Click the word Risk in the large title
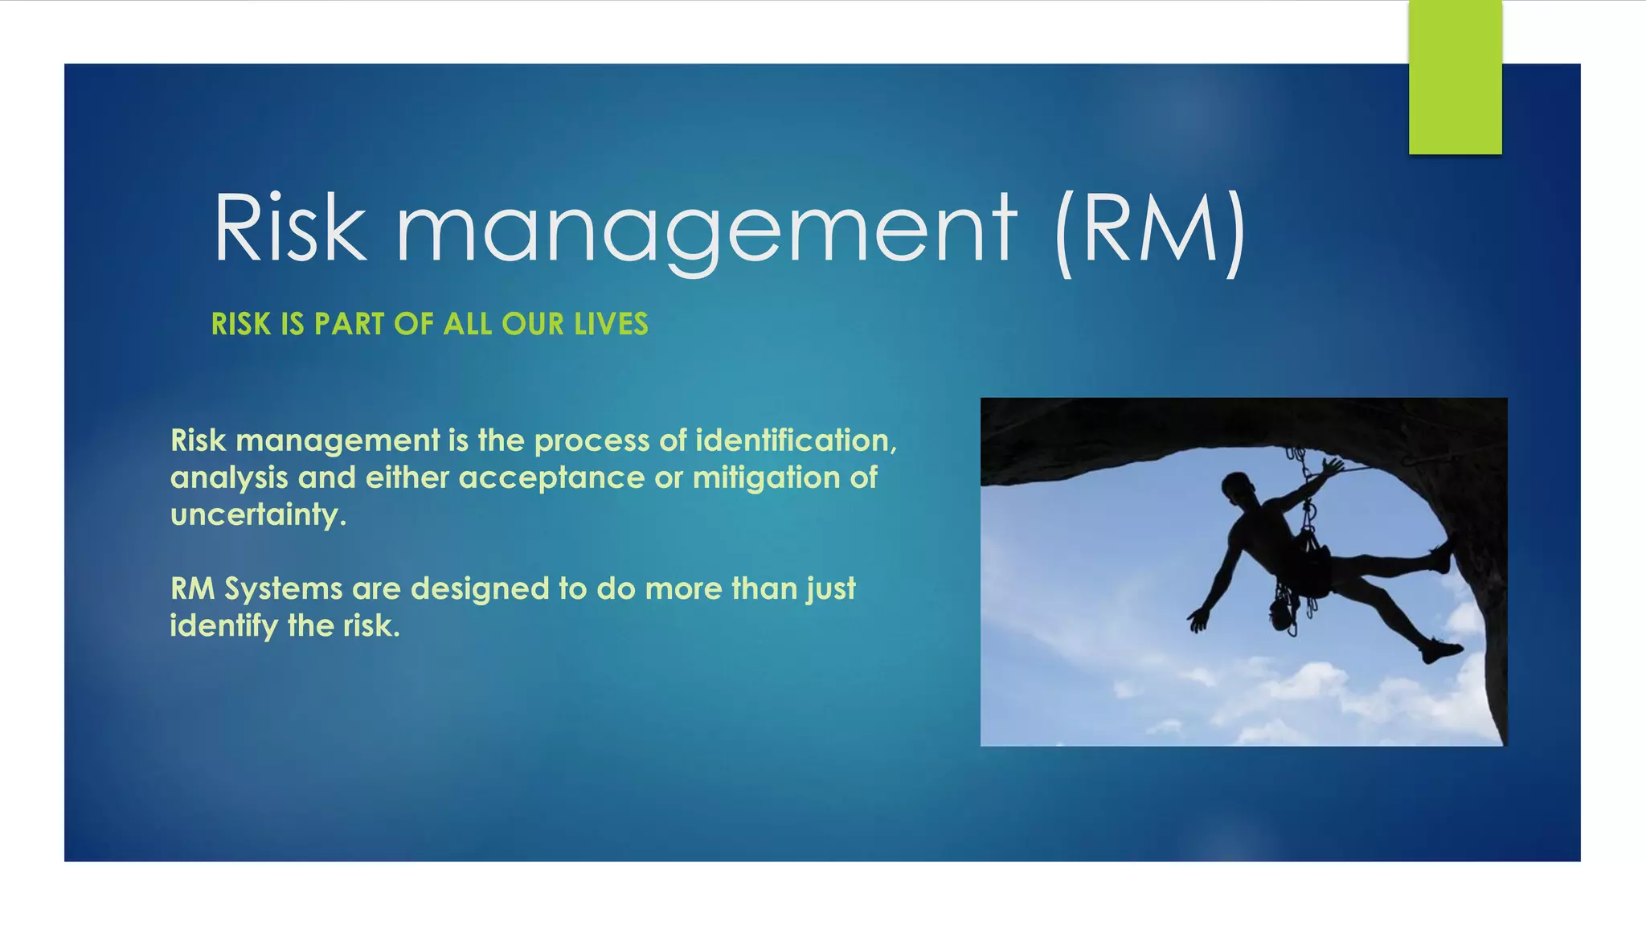click(289, 228)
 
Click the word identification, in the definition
click(796, 440)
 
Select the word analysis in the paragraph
click(229, 478)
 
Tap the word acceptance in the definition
click(551, 478)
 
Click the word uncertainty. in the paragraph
click(258, 515)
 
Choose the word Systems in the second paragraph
click(284, 589)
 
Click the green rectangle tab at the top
click(1455, 77)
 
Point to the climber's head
click(1235, 486)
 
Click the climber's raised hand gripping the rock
click(1333, 466)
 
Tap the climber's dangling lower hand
click(1198, 619)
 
